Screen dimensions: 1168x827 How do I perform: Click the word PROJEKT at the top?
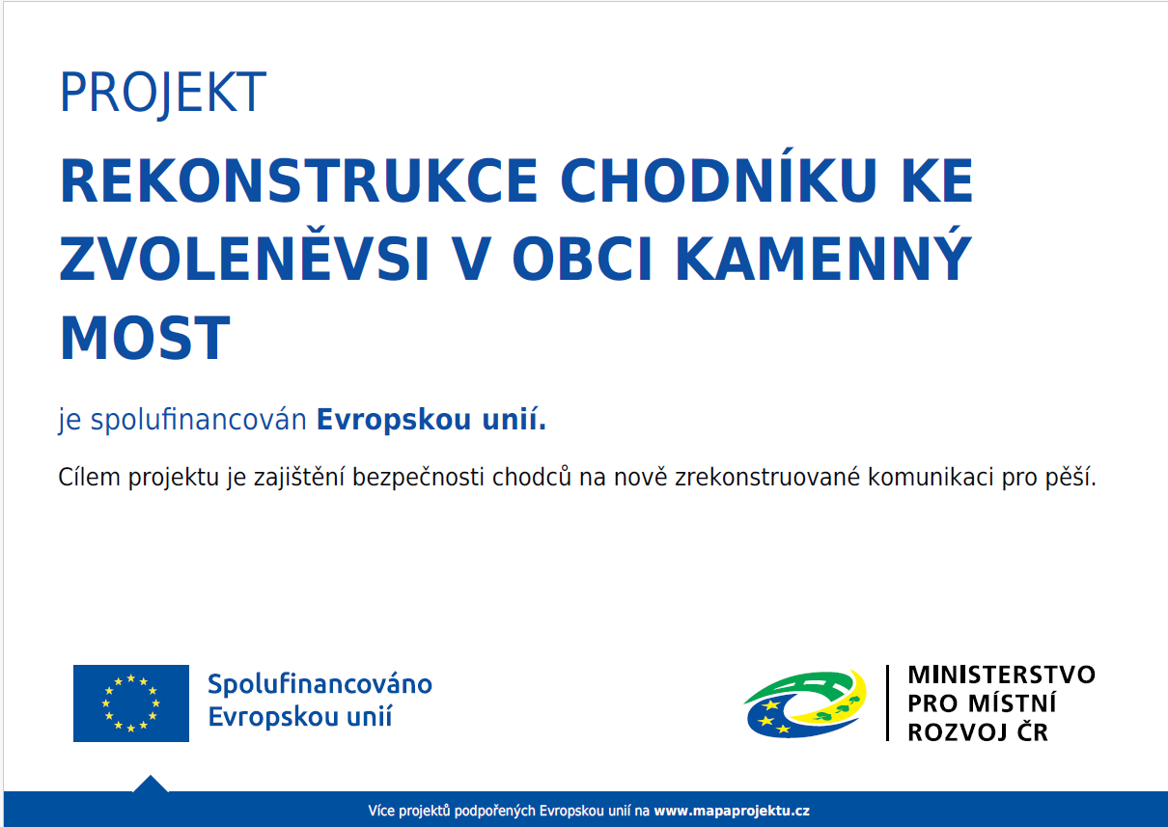click(x=163, y=94)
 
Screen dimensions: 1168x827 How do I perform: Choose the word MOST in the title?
click(x=145, y=338)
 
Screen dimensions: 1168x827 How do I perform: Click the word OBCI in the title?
click(x=582, y=259)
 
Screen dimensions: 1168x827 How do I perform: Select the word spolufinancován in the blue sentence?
click(x=199, y=420)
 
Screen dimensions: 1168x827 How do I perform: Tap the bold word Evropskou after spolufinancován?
click(x=394, y=420)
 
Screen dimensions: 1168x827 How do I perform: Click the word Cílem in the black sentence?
click(x=89, y=477)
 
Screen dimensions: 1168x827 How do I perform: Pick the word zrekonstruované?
click(x=767, y=477)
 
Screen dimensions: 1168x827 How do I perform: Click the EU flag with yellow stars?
click(x=131, y=703)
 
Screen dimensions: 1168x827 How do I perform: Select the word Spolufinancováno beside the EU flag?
click(x=320, y=685)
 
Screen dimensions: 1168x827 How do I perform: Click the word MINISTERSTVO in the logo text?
click(x=1002, y=675)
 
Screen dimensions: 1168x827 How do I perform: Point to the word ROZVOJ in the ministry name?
click(x=958, y=732)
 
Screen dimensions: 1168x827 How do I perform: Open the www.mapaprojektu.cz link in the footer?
click(x=732, y=811)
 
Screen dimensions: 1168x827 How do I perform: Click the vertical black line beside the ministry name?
click(x=887, y=703)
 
